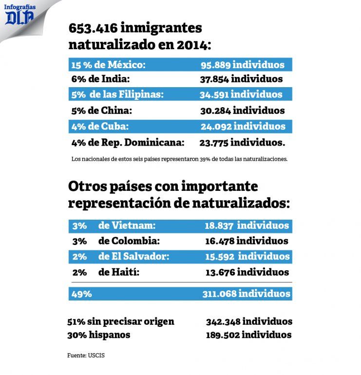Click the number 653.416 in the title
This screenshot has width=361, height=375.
(93, 28)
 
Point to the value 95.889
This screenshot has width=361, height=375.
(215, 65)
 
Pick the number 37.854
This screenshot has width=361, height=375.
(214, 79)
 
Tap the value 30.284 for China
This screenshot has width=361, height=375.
(215, 111)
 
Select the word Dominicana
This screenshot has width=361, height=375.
(154, 143)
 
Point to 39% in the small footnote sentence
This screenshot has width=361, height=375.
(205, 159)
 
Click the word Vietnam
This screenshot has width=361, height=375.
(133, 225)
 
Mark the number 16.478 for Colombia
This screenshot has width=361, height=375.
(220, 241)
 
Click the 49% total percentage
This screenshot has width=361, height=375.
(81, 294)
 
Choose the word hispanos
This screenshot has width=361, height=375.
(110, 335)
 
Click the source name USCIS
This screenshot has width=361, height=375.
(96, 356)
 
